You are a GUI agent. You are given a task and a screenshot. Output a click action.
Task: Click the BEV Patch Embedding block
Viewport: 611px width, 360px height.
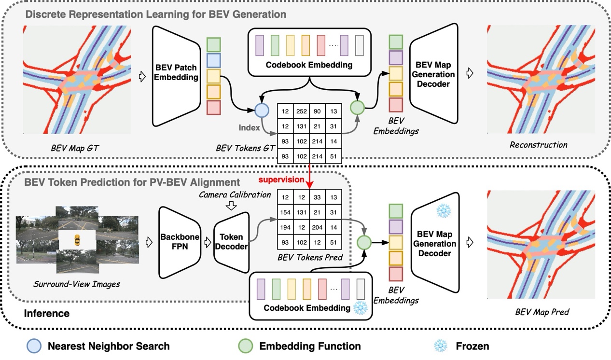176,70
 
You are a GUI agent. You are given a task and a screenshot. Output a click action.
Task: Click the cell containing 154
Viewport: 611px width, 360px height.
285,212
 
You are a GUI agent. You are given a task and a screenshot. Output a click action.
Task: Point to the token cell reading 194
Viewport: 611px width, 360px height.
285,227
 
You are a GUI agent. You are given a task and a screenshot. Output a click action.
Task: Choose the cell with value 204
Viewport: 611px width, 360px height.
317,227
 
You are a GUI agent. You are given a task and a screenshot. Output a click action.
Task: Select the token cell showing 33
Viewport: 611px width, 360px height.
317,197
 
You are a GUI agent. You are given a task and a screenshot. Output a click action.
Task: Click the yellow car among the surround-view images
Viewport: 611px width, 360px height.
76,239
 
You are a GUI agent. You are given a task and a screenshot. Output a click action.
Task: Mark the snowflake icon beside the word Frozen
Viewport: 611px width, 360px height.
440,346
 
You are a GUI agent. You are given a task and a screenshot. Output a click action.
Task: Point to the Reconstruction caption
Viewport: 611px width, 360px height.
538,144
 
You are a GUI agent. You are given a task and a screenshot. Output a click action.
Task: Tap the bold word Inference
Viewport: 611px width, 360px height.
47,314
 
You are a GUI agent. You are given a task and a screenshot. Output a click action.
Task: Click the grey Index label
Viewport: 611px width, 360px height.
249,128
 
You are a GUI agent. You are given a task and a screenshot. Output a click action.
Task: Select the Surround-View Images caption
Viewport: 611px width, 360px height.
77,284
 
